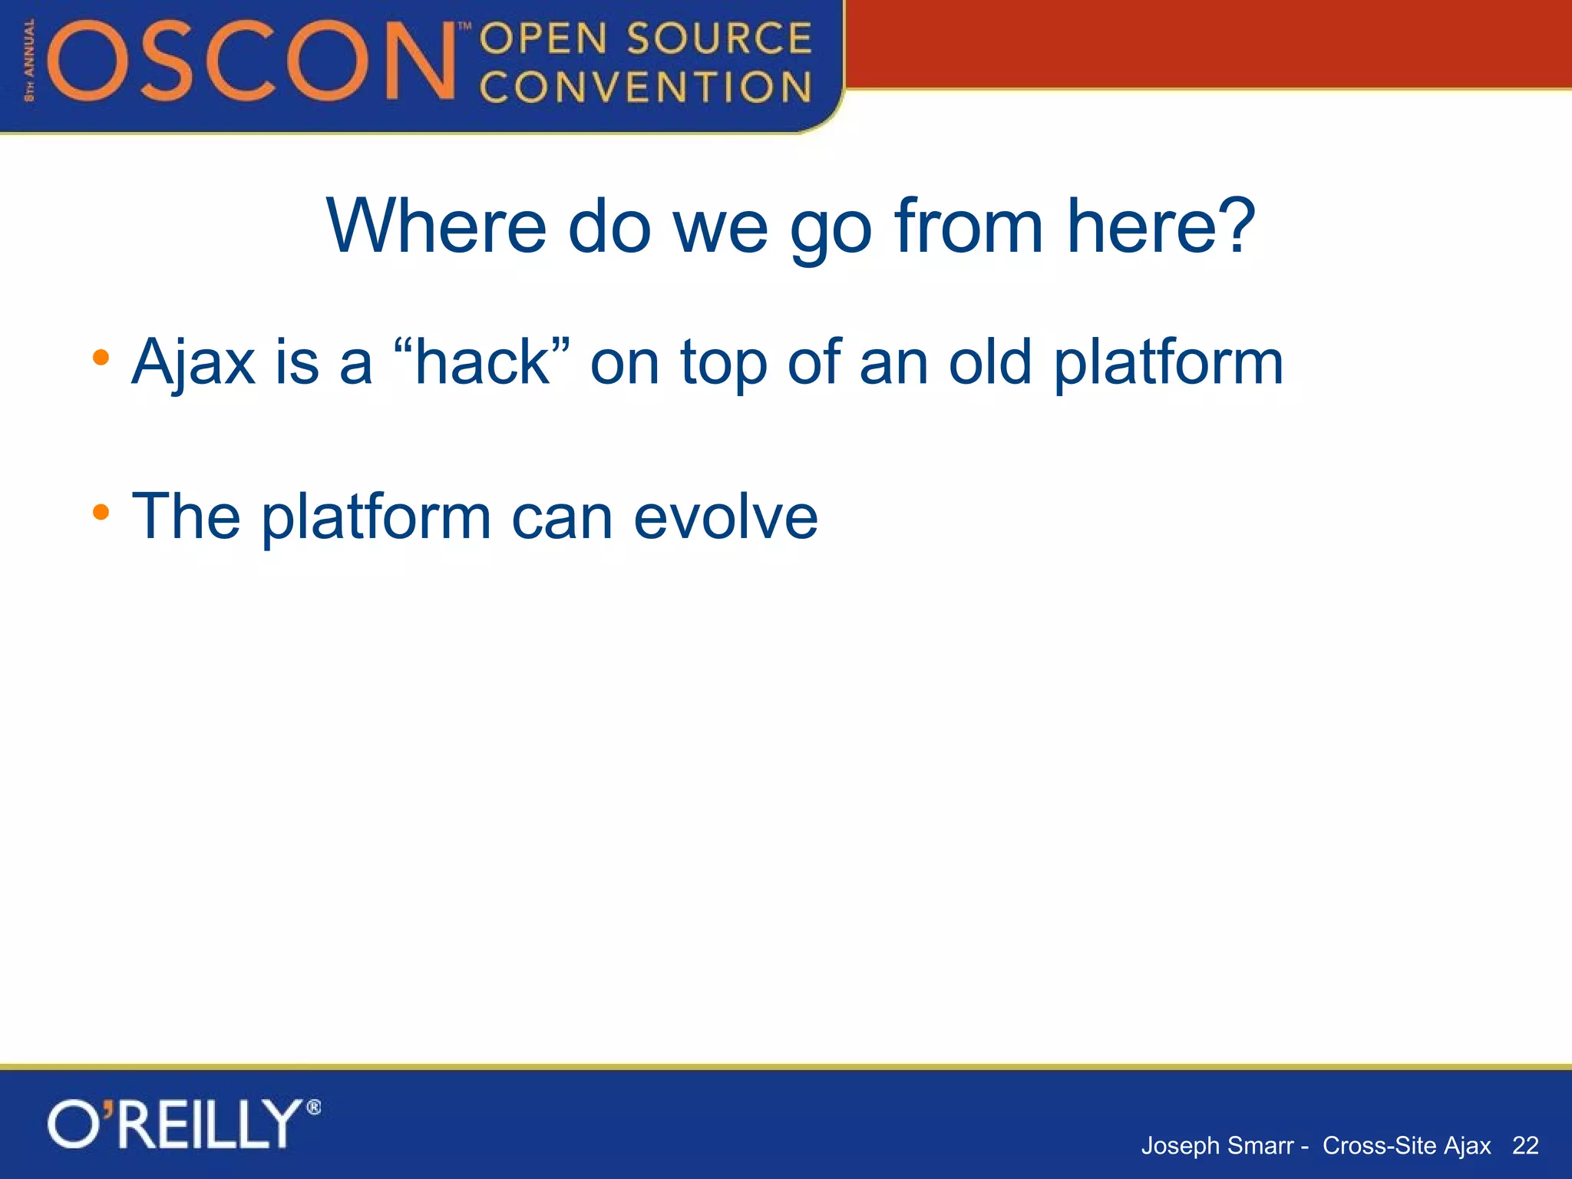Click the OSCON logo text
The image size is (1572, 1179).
click(x=253, y=61)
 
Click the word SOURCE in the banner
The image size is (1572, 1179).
click(x=719, y=38)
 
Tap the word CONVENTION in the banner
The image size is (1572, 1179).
click(x=646, y=87)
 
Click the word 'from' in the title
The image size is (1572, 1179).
click(x=969, y=226)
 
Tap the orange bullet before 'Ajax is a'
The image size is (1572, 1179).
click(x=101, y=358)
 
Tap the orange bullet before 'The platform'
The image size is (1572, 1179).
click(x=101, y=512)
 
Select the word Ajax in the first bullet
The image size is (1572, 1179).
click(x=193, y=363)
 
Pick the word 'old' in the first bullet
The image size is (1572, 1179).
click(x=989, y=362)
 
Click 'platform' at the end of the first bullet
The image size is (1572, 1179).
click(x=1167, y=363)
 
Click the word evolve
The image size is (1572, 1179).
click(x=725, y=517)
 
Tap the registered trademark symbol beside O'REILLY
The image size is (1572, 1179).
click(x=313, y=1108)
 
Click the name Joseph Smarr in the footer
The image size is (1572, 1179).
click(x=1217, y=1145)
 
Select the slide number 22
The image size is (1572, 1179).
click(x=1525, y=1145)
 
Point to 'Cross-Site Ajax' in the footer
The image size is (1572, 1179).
click(x=1406, y=1145)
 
